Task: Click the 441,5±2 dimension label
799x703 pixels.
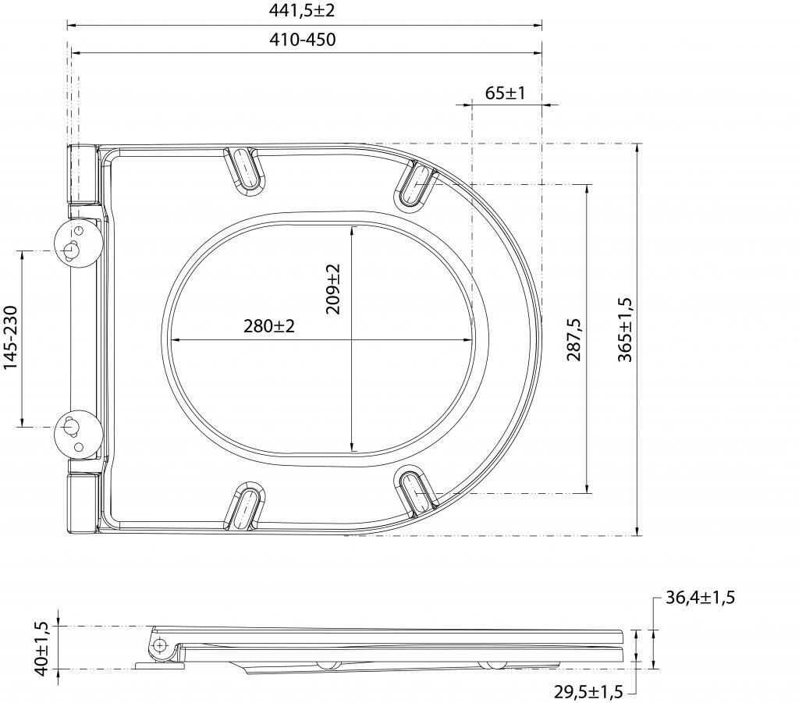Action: point(302,10)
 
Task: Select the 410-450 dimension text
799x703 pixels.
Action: point(303,40)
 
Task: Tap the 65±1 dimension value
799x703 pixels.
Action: point(505,93)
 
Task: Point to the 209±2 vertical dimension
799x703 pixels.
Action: point(332,289)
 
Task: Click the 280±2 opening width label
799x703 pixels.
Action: point(269,326)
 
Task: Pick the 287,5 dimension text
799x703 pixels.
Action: point(574,339)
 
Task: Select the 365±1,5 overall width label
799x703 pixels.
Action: point(625,330)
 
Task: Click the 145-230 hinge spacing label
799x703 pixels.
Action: point(11,338)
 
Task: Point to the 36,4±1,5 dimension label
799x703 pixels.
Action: point(700,597)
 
